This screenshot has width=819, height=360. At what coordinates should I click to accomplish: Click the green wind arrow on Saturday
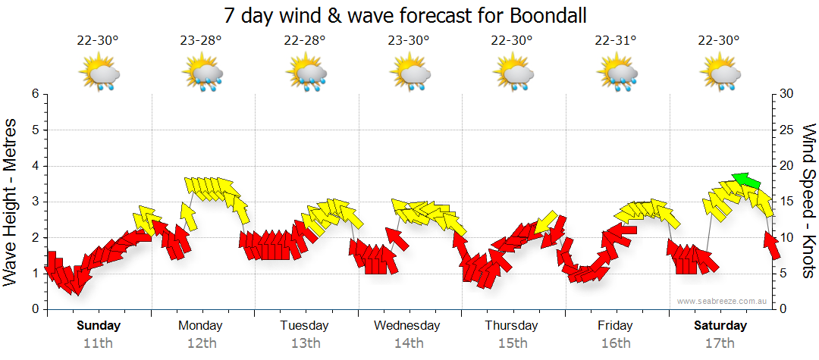[x=747, y=180]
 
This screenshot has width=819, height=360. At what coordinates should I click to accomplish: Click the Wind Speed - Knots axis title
[x=807, y=201]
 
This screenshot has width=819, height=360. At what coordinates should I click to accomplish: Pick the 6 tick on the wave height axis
[x=33, y=94]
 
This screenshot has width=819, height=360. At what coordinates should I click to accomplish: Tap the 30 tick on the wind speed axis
[x=787, y=94]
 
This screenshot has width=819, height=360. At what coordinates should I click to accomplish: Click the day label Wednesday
[x=406, y=326]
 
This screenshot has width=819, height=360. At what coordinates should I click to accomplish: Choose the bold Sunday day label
[x=98, y=326]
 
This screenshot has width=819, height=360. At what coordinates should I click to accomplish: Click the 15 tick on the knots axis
[x=787, y=202]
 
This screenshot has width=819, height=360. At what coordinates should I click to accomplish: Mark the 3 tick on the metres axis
[x=33, y=202]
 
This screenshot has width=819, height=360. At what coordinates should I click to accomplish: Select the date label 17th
[x=720, y=343]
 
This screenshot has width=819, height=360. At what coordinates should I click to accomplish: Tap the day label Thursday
[x=511, y=326]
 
